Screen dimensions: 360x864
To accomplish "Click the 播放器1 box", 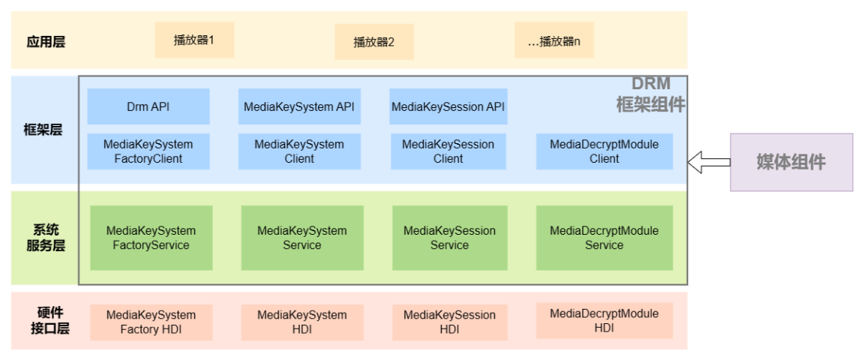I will point(194,40).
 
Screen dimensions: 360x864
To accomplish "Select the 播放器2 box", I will point(373,41).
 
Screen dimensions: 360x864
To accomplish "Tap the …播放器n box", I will point(553,40).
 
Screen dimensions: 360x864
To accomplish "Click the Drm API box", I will point(148,106).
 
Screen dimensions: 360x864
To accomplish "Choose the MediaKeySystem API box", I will point(298,106).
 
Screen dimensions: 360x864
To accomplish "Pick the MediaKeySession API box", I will point(448,106).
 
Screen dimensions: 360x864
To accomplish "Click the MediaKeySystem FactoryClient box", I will point(148,151).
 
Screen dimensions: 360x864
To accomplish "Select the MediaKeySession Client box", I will point(448,151).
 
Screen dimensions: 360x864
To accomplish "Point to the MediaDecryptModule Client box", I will point(604,151).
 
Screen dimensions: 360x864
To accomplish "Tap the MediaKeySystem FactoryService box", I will point(151,238).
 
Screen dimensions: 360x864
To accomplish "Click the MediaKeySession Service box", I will point(449,238).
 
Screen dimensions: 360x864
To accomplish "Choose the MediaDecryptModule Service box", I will point(604,238).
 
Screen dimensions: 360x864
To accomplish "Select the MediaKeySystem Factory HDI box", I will point(151,322).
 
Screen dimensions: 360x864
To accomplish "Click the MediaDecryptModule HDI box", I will point(604,320).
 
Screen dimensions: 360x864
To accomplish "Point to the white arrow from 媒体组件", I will point(709,162).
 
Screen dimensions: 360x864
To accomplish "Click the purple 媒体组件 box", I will point(791,162).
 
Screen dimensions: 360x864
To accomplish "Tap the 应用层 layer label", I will point(46,41).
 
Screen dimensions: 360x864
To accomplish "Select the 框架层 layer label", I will point(43,130).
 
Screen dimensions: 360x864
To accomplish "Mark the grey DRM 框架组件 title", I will point(650,94).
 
